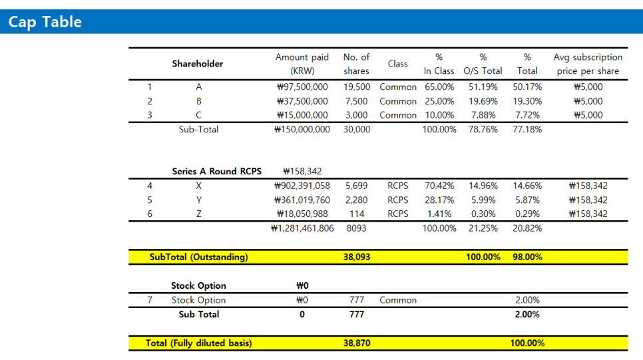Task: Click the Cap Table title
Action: click(x=45, y=22)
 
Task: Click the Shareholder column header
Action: click(x=198, y=64)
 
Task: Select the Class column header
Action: click(x=397, y=64)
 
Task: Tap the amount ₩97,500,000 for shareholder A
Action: click(x=302, y=87)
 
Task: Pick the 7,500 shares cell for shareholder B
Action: click(x=356, y=101)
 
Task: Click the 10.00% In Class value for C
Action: click(x=439, y=115)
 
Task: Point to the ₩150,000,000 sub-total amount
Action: click(x=302, y=130)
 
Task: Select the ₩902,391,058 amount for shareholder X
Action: click(x=302, y=186)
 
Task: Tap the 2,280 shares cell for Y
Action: click(x=356, y=200)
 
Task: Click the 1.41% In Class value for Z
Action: click(x=439, y=214)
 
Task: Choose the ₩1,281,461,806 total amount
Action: click(x=303, y=228)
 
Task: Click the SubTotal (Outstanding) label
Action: click(x=198, y=257)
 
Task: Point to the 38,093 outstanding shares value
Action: click(x=357, y=257)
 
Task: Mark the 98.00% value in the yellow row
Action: click(x=527, y=257)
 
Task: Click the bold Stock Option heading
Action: click(x=198, y=286)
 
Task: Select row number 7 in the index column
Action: click(x=150, y=300)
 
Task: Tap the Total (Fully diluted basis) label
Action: click(x=198, y=343)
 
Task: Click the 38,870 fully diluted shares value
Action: click(x=357, y=343)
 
